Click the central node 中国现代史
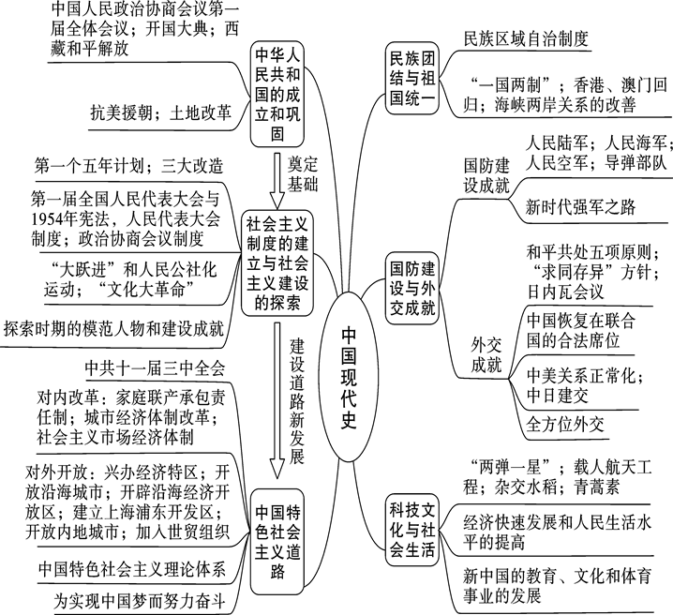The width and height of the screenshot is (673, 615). (x=347, y=375)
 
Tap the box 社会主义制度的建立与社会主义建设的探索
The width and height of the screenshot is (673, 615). (x=277, y=265)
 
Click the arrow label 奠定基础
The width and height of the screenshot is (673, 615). (x=302, y=173)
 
